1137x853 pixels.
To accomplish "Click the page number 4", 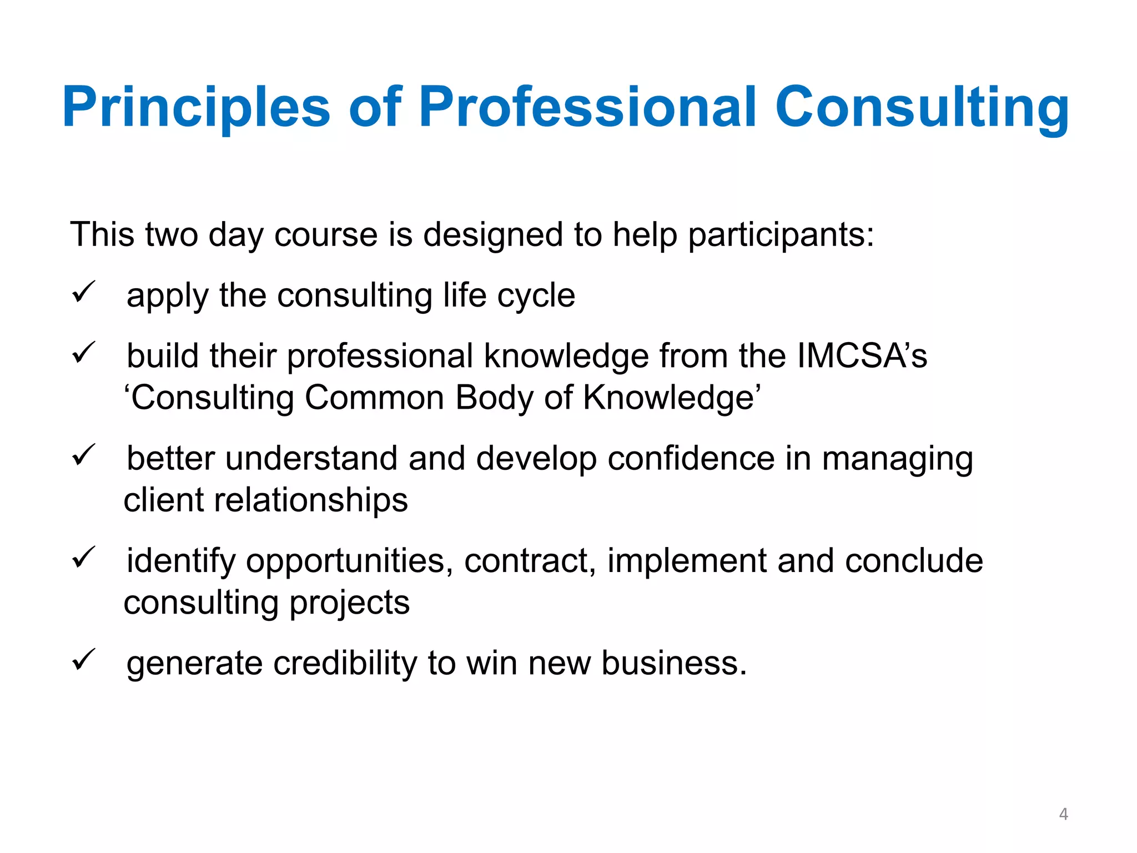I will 1063,814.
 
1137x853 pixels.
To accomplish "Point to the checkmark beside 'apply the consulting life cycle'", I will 84,293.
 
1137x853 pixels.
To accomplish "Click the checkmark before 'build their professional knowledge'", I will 84,353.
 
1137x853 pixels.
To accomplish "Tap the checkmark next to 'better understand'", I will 84,456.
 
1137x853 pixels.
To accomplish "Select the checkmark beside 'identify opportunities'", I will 84,558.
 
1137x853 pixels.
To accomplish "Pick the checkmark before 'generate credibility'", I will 84,660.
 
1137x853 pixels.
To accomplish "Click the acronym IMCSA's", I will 862,355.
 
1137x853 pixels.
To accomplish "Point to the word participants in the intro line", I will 781,235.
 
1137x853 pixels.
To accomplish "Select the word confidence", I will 691,459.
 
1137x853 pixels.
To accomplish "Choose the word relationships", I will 311,500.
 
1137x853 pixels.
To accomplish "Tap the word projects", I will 350,603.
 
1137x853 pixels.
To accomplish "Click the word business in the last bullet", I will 673,663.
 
